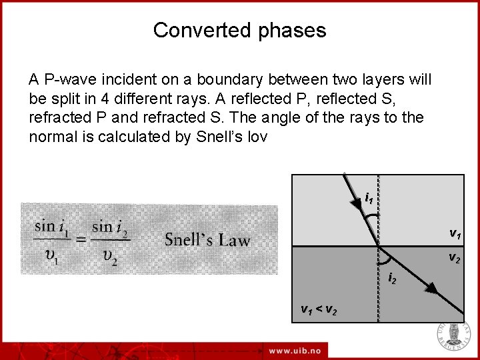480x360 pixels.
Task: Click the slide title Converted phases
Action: (239, 30)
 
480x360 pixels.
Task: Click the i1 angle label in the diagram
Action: (369, 198)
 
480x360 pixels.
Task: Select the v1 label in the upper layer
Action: (455, 234)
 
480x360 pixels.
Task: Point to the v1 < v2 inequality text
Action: (319, 309)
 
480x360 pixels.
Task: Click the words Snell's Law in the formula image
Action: (207, 239)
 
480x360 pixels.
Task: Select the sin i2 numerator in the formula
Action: (110, 227)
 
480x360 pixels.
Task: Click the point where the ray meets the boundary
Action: (379, 246)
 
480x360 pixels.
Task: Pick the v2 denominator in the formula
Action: (110, 257)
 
